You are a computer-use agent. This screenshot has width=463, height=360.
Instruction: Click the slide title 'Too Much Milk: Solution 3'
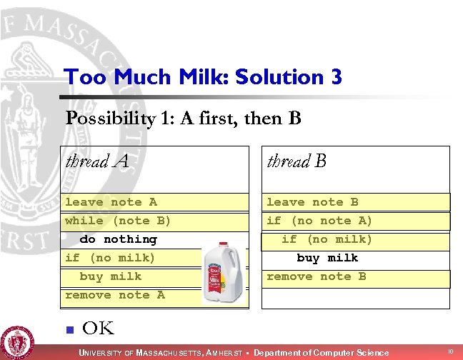coord(202,76)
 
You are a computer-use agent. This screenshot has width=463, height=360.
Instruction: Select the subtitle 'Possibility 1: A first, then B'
coord(183,118)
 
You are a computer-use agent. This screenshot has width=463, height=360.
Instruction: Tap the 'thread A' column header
coord(97,161)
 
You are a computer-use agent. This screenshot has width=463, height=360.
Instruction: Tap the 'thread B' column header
coord(297,161)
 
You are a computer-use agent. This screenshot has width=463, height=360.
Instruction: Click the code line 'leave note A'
coord(111,202)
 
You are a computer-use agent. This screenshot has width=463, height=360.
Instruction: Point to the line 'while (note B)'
coord(118,221)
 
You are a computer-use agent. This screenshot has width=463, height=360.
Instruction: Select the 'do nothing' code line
coord(118,239)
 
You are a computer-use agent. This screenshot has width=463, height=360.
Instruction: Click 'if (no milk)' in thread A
coord(110,258)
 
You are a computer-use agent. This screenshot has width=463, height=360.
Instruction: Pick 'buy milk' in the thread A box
coord(111,276)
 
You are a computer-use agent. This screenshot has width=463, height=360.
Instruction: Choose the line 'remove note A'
coord(114,295)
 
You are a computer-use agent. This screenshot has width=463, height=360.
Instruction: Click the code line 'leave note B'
coord(312,202)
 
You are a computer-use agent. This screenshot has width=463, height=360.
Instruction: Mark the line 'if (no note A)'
coord(319,221)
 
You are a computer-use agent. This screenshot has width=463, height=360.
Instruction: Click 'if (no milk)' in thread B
coord(327,239)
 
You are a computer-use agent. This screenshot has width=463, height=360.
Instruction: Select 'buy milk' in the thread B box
coord(327,258)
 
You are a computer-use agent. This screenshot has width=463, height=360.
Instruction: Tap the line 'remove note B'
coord(316,276)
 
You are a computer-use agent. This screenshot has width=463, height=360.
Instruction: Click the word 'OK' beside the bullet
coord(99,329)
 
